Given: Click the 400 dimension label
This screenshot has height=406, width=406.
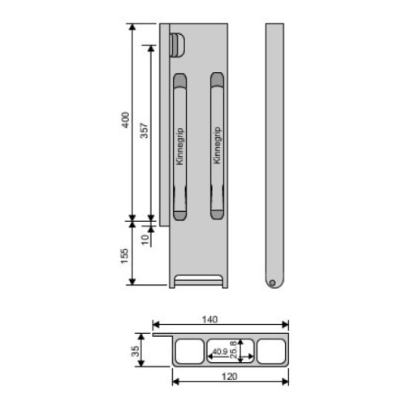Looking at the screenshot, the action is pyautogui.click(x=126, y=120).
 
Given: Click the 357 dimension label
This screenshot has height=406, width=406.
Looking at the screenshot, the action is pyautogui.click(x=145, y=131).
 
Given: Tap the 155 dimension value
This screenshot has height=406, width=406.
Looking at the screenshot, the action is pyautogui.click(x=124, y=257).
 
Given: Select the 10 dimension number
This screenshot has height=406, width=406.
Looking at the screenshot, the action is pyautogui.click(x=145, y=240).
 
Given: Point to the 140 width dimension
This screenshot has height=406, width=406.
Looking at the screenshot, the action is pyautogui.click(x=209, y=320).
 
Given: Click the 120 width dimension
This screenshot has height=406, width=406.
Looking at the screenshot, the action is pyautogui.click(x=230, y=377).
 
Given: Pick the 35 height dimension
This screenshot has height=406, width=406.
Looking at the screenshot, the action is pyautogui.click(x=136, y=351).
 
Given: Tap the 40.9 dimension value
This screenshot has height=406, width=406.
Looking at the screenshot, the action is pyautogui.click(x=220, y=352).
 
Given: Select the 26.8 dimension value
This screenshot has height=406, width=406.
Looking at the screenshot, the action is pyautogui.click(x=233, y=350).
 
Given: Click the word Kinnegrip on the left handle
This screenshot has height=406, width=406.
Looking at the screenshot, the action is pyautogui.click(x=179, y=146).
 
